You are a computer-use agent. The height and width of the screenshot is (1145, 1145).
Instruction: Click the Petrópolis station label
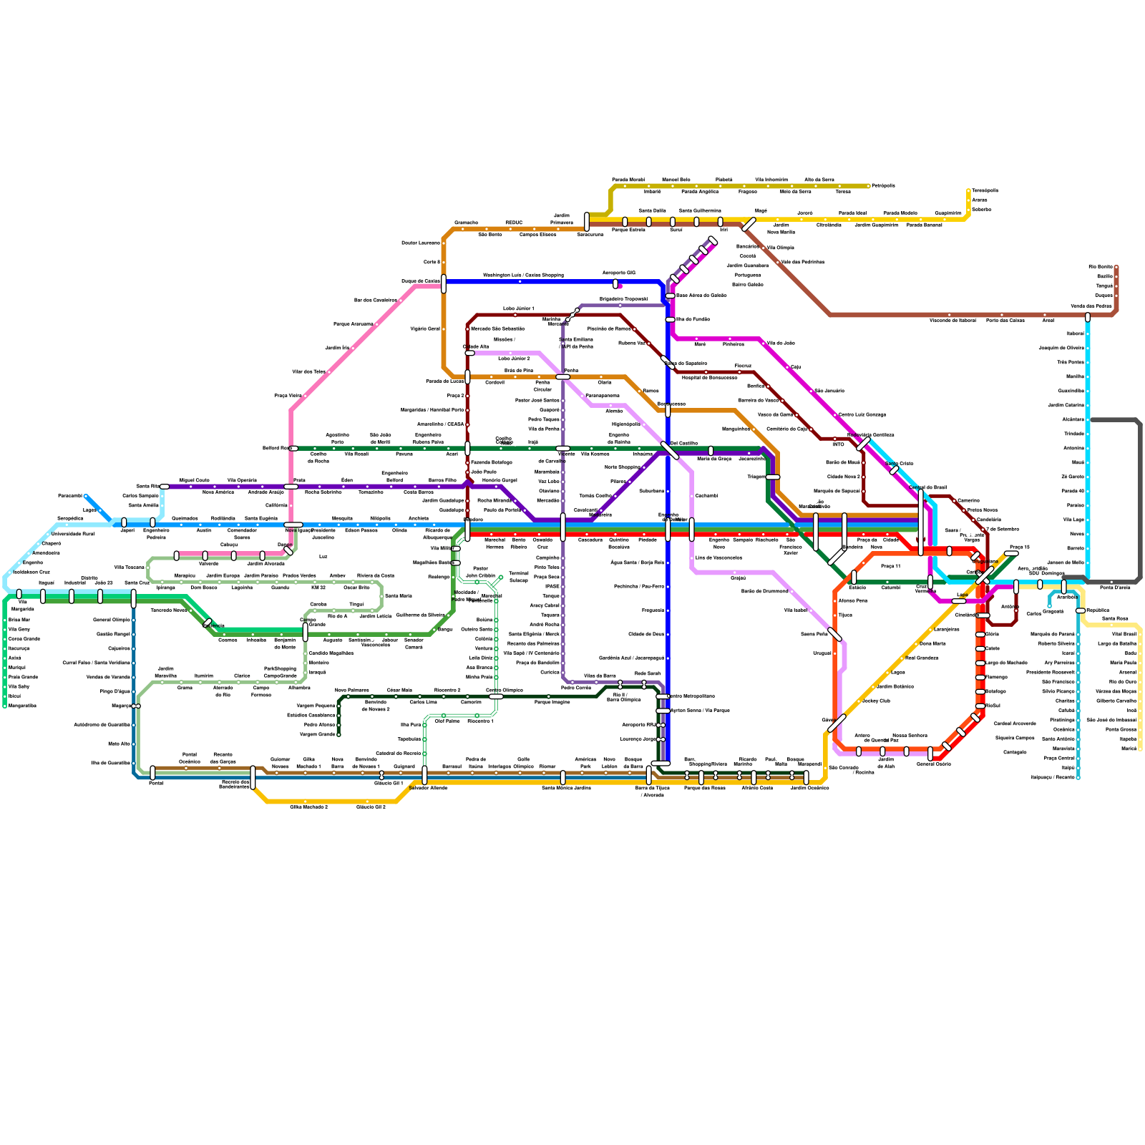tap(883, 185)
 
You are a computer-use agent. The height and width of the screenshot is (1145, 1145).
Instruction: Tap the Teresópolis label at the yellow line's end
tap(985, 190)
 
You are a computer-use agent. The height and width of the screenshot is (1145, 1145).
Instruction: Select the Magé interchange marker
tap(749, 224)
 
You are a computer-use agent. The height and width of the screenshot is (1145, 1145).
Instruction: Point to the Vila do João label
tap(781, 343)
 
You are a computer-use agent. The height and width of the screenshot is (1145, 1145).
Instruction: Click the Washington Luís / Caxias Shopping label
tap(522, 275)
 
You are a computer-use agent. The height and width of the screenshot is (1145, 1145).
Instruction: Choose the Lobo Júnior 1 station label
tap(518, 308)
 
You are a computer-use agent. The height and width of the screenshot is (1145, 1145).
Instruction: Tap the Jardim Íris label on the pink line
tap(336, 348)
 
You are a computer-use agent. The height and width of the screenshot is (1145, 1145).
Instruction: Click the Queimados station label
tap(185, 518)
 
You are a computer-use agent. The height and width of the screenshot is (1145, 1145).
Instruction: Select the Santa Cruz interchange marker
tap(134, 598)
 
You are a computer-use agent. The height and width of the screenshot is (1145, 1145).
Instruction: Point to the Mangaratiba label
tap(22, 706)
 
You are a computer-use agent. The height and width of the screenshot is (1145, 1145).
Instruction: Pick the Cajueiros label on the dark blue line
tap(119, 648)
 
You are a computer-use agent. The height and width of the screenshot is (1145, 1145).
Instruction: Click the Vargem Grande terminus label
tap(317, 734)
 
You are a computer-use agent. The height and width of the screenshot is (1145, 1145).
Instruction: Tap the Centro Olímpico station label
tap(505, 690)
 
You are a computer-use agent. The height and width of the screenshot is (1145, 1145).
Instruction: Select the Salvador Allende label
tap(428, 787)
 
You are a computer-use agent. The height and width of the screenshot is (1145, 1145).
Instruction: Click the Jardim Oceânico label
tap(809, 787)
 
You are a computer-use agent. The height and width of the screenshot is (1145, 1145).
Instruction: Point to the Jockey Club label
tap(876, 701)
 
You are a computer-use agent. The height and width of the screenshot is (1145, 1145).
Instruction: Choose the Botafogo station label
tap(995, 691)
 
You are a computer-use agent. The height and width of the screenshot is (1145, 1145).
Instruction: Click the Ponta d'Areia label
tap(1115, 588)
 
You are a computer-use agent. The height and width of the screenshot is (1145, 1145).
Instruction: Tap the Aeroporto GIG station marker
tap(615, 283)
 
